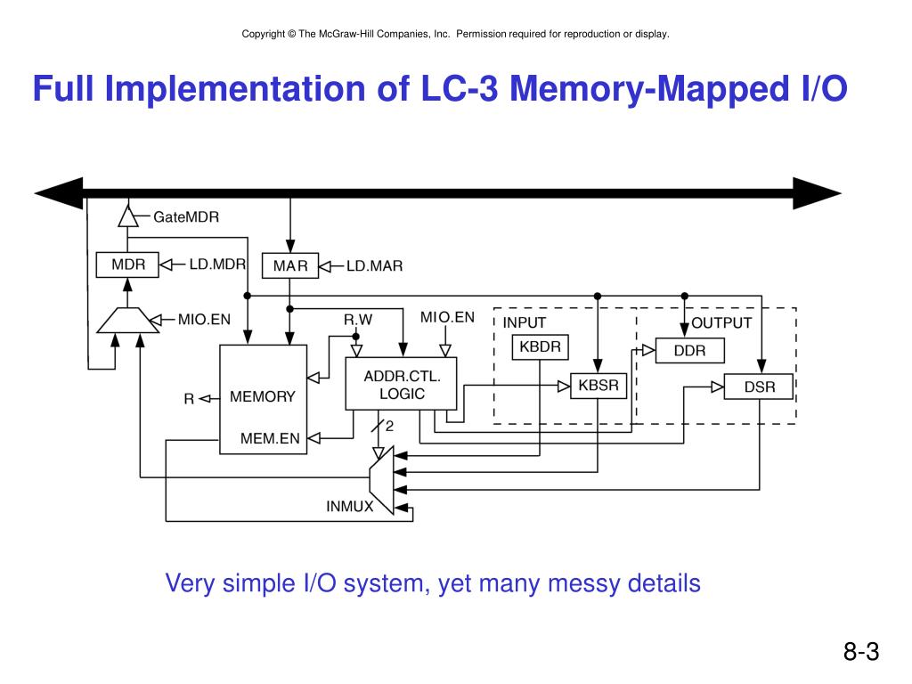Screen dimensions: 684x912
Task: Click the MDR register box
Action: (x=127, y=265)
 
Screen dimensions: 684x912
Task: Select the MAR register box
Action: (x=289, y=265)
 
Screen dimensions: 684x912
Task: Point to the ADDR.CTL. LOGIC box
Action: (x=401, y=384)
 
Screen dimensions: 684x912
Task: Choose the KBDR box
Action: (x=541, y=346)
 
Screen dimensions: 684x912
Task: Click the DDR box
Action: (x=689, y=350)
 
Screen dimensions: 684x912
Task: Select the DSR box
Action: (x=759, y=387)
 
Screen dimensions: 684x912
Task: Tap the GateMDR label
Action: (x=186, y=216)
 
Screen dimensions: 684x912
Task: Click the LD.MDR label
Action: (x=216, y=265)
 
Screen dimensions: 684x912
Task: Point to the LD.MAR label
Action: (x=374, y=265)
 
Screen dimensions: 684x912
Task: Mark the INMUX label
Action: (x=349, y=507)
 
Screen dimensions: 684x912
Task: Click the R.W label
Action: (x=358, y=319)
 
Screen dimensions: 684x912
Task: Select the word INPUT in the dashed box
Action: (x=525, y=322)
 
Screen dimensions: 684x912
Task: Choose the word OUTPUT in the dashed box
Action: (x=721, y=322)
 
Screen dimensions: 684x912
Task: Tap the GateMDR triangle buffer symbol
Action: (x=128, y=216)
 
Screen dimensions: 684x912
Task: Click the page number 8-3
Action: (x=861, y=652)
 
